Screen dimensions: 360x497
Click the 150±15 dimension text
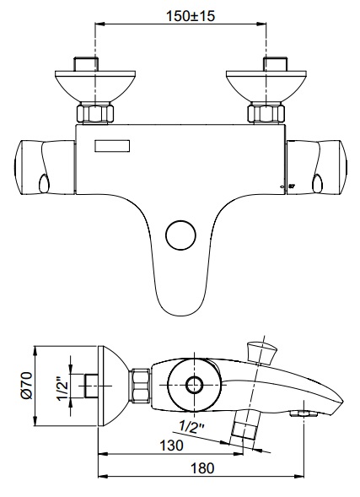tap(191, 16)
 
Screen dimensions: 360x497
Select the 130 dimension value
tap(171, 446)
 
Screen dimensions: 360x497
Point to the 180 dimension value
tap(202, 468)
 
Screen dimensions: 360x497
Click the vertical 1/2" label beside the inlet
tap(63, 388)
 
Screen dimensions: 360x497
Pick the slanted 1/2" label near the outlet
tap(191, 428)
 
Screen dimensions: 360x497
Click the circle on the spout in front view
tap(180, 235)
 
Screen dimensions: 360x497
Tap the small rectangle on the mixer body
tap(112, 146)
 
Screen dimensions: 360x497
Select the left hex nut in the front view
tap(95, 113)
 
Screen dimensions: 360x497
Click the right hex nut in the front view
tap(266, 113)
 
